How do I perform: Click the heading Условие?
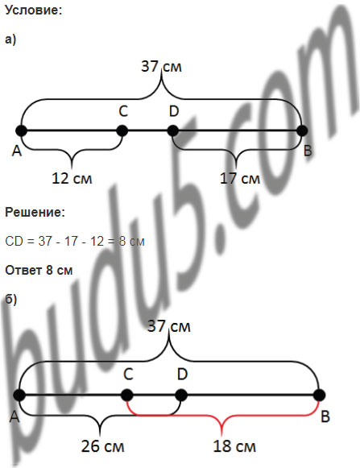click(34, 10)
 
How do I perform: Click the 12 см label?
click(72, 179)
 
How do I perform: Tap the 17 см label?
click(240, 179)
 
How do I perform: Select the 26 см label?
click(103, 446)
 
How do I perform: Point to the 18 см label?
click(234, 446)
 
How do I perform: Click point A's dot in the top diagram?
click(21, 130)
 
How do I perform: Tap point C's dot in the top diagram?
click(122, 130)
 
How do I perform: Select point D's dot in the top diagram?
click(173, 130)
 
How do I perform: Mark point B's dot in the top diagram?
click(302, 130)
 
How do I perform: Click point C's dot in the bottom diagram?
click(127, 396)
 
